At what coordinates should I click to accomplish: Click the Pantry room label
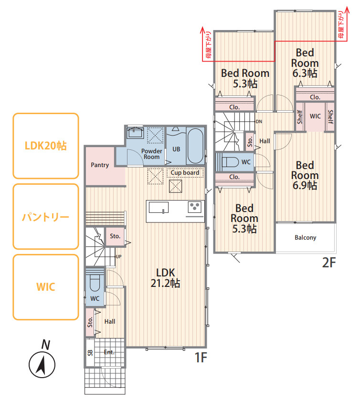click(x=100, y=165)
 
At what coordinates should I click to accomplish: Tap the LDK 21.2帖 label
click(x=165, y=278)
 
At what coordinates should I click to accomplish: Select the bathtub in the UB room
click(x=195, y=146)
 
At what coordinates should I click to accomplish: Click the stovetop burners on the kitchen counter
click(x=195, y=207)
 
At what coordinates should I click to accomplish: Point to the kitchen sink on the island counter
click(x=159, y=207)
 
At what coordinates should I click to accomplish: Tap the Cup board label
click(x=185, y=173)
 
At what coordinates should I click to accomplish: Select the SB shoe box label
click(x=90, y=353)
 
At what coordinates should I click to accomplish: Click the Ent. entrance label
click(x=109, y=352)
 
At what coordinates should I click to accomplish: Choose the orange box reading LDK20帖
click(x=46, y=146)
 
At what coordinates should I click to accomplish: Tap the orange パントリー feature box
click(x=46, y=216)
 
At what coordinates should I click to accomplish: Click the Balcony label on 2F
click(x=305, y=238)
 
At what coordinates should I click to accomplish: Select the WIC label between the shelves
click(x=315, y=116)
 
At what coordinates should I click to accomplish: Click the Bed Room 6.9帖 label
click(x=305, y=175)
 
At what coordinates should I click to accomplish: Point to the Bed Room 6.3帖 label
click(x=305, y=63)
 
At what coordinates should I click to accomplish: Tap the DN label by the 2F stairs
click(x=259, y=121)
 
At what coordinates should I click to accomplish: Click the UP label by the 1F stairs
click(x=119, y=256)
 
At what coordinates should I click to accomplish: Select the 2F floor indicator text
click(x=329, y=263)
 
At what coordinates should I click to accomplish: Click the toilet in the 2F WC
click(x=231, y=162)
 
